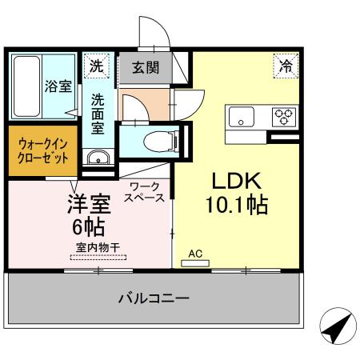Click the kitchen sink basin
click(242, 118)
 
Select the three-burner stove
click(284, 117)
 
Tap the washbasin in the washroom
click(97, 157)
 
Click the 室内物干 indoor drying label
click(98, 248)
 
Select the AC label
click(195, 254)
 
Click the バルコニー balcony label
click(154, 299)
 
